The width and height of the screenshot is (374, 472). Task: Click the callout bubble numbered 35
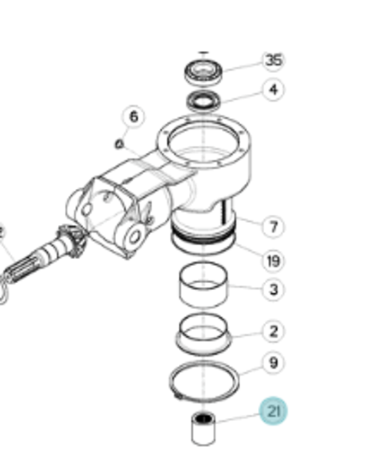[x=273, y=61]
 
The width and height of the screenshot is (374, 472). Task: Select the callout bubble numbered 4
[x=273, y=90]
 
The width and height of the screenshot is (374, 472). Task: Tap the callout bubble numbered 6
[x=133, y=116]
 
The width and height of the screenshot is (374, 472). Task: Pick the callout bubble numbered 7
[x=273, y=227]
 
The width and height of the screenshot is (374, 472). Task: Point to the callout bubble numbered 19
[x=273, y=261]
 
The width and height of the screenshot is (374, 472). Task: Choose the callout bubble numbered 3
[x=273, y=290]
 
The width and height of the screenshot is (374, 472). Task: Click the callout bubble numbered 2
[x=273, y=332]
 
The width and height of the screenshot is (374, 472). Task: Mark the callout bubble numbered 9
[x=273, y=362]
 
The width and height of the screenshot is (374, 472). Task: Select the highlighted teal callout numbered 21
[x=274, y=411]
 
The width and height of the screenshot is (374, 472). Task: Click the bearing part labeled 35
[x=204, y=73]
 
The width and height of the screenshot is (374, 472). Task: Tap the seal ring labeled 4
[x=204, y=101]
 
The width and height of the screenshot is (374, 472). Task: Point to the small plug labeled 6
[x=119, y=144]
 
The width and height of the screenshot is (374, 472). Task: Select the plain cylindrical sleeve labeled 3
[x=204, y=286]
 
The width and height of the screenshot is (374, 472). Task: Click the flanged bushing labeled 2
[x=204, y=334]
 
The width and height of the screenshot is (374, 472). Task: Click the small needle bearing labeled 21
[x=204, y=429]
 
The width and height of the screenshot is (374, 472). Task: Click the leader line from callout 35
[x=243, y=67]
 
